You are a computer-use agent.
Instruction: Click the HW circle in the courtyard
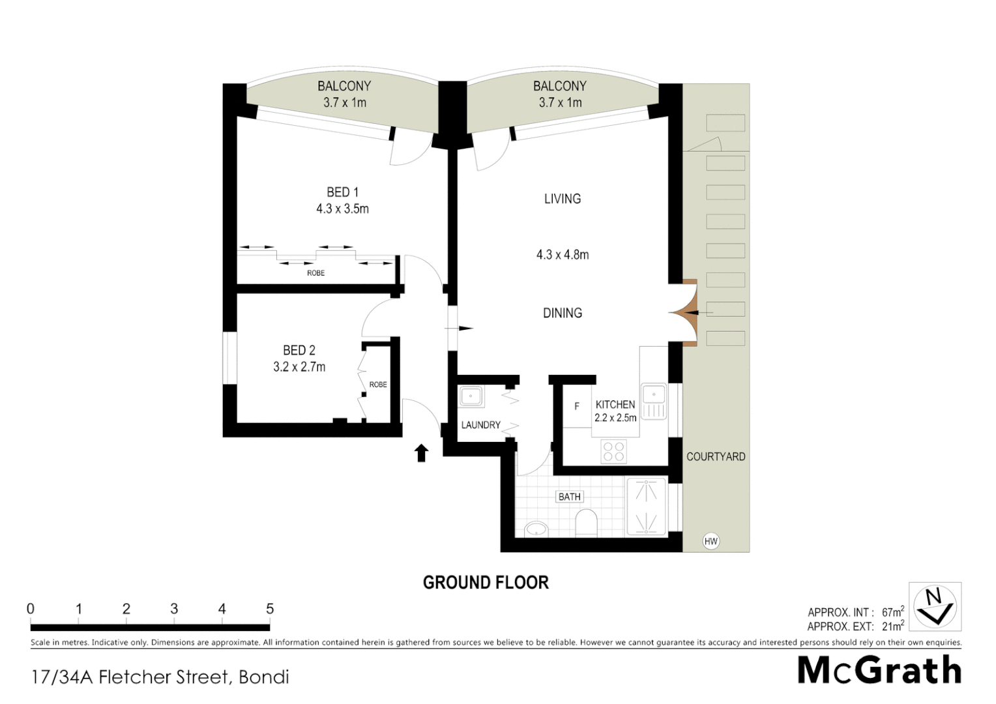click(x=710, y=541)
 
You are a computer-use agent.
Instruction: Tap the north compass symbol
click(x=935, y=606)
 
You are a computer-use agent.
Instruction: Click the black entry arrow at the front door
click(x=421, y=452)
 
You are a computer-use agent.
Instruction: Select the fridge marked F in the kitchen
click(x=577, y=406)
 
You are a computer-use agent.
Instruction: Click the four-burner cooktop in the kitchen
click(x=613, y=451)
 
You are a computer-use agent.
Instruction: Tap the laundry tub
click(x=471, y=396)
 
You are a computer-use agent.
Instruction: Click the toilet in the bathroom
click(x=587, y=523)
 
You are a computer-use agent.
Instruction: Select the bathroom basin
click(x=536, y=529)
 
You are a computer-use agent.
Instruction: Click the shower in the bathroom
click(x=646, y=507)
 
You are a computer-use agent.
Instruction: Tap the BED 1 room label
click(x=342, y=192)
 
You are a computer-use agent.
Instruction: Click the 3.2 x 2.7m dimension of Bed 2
click(x=299, y=367)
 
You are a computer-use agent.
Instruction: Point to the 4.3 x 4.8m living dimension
click(x=563, y=255)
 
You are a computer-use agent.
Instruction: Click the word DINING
click(x=563, y=313)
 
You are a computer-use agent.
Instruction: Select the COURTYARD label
click(x=716, y=457)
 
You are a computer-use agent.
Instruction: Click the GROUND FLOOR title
click(x=486, y=582)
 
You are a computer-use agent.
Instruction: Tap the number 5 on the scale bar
click(x=270, y=609)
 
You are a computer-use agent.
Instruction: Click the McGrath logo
click(x=879, y=670)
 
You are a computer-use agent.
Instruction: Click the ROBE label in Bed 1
click(x=316, y=273)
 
